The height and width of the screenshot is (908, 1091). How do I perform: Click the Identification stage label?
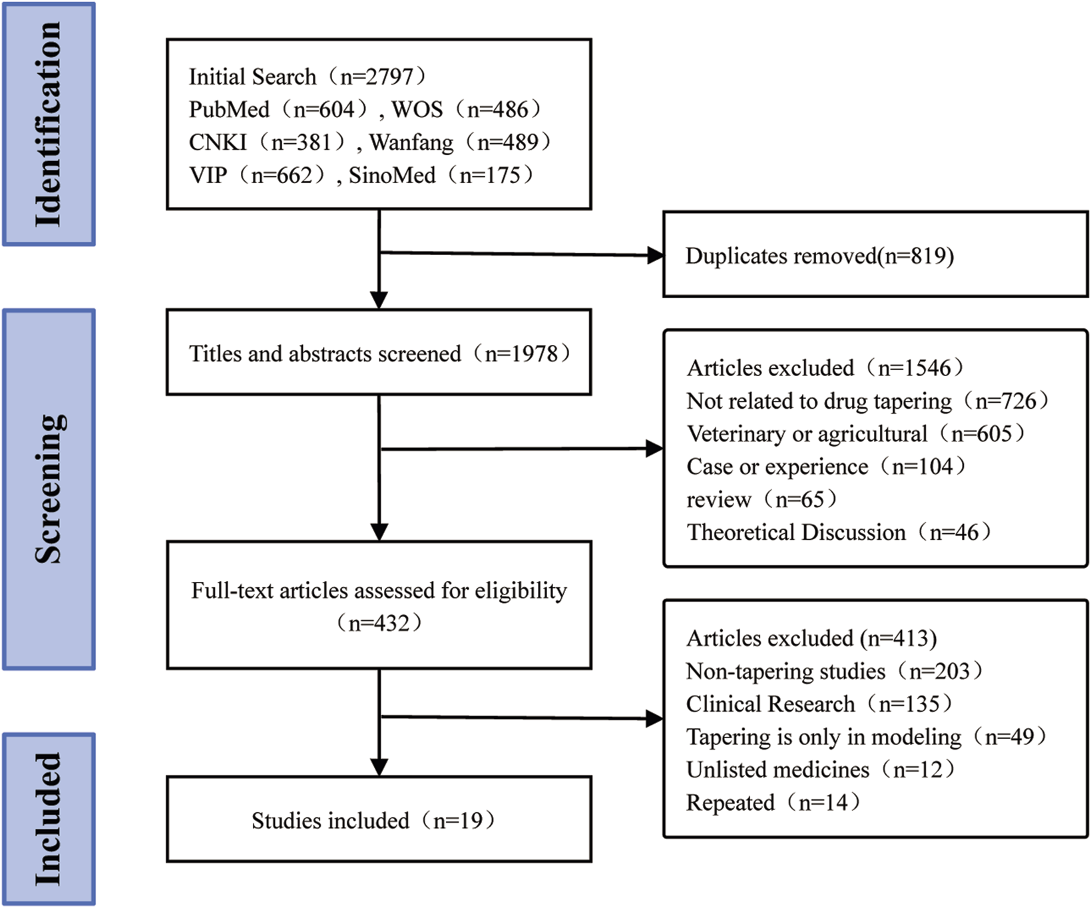coord(48,124)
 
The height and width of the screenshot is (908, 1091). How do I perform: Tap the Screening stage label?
coord(48,489)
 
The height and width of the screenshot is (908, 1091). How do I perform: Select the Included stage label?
coord(48,819)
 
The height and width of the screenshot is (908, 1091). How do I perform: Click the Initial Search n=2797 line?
coord(307,77)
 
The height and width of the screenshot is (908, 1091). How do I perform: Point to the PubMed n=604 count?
coord(278,110)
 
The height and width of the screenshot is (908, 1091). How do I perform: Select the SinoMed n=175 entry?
coord(441,176)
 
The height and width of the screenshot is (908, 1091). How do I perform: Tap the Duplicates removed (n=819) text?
coord(819,256)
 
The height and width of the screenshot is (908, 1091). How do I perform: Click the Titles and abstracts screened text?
coord(379,353)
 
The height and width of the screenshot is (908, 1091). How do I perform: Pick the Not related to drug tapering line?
coord(867,401)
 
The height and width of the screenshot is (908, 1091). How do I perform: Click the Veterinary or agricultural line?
coord(855,434)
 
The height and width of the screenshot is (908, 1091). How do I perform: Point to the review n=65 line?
coord(762,499)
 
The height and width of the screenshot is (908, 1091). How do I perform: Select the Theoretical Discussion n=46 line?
coord(839,533)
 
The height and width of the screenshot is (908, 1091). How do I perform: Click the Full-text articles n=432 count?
coord(379,624)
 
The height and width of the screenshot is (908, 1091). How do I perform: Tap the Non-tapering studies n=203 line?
coord(834,671)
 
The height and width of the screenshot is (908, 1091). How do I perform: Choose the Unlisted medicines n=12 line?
coord(820,770)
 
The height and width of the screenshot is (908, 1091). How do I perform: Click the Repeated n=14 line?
coord(773,803)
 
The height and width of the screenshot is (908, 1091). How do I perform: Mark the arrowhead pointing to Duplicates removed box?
coord(655,255)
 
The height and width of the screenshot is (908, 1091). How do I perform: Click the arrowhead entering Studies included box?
coord(379,768)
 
